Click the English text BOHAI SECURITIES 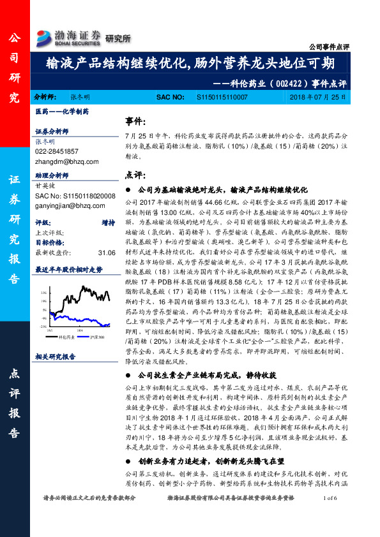(79, 43)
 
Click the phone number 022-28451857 (57, 151)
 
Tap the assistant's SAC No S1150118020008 (75, 195)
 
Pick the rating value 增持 (108, 223)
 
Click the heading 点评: (134, 174)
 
